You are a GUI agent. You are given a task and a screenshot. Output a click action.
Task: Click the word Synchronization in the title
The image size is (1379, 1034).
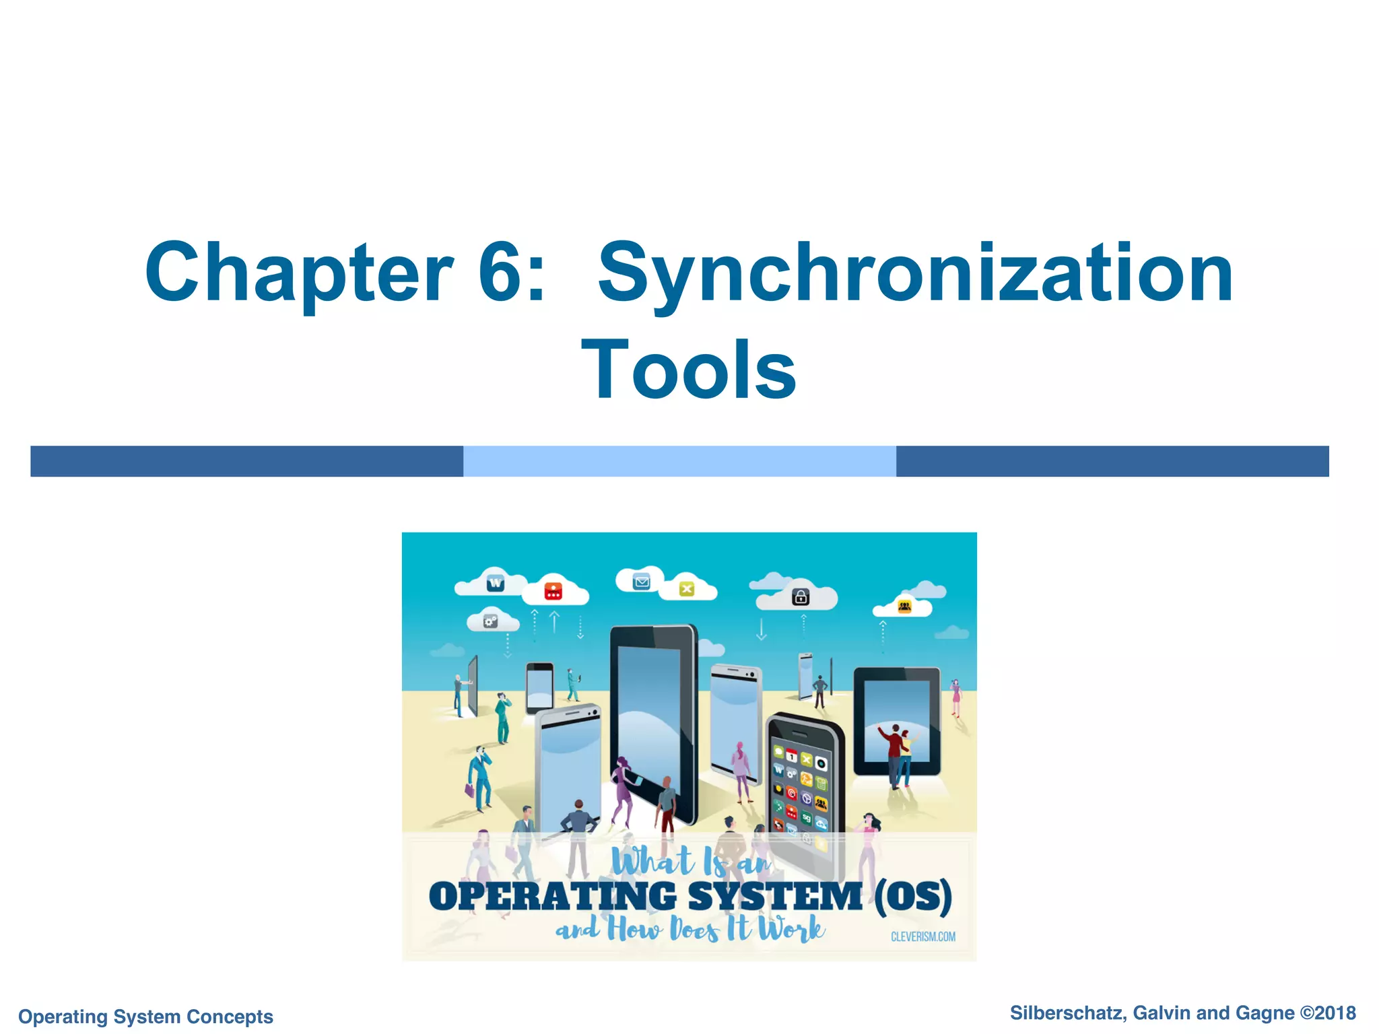tap(915, 273)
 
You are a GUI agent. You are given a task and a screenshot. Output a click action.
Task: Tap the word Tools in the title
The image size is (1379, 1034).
tap(689, 370)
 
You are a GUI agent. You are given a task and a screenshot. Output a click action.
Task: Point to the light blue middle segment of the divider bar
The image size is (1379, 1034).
tap(679, 461)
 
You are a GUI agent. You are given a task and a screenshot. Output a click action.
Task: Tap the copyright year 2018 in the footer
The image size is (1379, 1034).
tap(1335, 1012)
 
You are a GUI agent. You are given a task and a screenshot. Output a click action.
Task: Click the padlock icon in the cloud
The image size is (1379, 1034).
tap(800, 596)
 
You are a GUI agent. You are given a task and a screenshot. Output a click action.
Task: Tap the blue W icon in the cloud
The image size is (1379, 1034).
tap(496, 583)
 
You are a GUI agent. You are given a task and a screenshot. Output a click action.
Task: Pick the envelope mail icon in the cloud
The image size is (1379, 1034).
tap(641, 582)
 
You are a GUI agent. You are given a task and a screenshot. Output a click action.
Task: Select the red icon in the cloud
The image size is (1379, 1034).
tap(553, 591)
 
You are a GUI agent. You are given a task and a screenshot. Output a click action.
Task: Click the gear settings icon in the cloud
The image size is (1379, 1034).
tap(491, 621)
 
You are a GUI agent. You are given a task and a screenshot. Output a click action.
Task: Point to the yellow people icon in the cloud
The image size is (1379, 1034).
tap(904, 607)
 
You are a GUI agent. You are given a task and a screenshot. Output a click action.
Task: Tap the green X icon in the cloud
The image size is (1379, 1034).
tap(686, 589)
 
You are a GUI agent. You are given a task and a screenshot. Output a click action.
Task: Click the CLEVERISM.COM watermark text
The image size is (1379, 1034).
tap(922, 936)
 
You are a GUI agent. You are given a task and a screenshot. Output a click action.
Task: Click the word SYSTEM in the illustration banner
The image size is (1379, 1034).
tap(774, 897)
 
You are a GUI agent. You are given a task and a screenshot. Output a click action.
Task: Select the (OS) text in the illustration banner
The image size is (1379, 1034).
tap(913, 897)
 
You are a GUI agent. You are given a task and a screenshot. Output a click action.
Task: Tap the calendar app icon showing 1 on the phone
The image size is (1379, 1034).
tap(792, 757)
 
